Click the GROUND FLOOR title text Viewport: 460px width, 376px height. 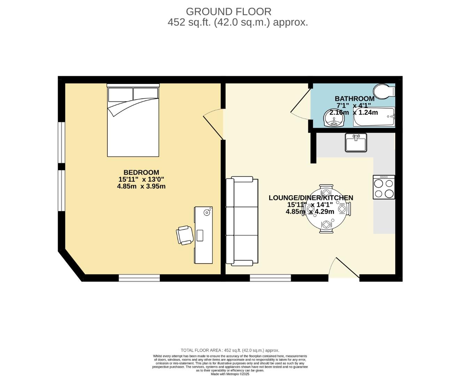[228, 11]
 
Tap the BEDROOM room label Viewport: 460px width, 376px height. [141, 172]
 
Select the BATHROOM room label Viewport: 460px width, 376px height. [354, 99]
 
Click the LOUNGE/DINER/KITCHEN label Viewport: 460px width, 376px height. [311, 198]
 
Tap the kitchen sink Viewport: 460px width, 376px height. [356, 143]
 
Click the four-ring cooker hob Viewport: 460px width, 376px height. [384, 187]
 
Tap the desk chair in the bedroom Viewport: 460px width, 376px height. [185, 235]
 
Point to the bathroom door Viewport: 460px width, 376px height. [301, 103]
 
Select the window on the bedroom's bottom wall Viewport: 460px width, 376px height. [139, 278]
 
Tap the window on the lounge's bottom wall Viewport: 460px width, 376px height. [270, 278]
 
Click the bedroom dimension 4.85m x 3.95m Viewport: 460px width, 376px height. [141, 186]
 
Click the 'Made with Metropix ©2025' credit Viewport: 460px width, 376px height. [230, 374]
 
